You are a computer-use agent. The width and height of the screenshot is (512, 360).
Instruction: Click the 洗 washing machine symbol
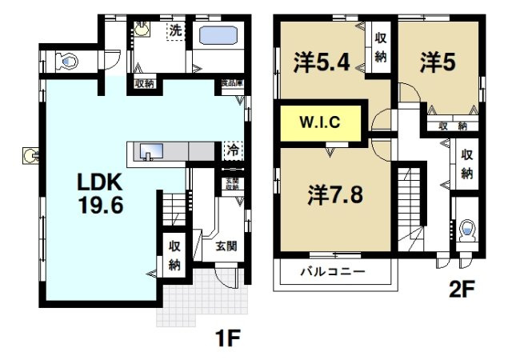[x=175, y=31]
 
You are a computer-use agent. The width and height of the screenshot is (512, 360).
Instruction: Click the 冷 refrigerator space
[x=232, y=150]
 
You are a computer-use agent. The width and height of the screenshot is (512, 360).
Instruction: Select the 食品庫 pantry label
[x=232, y=82]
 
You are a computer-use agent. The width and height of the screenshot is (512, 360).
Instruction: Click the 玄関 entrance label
[x=225, y=246]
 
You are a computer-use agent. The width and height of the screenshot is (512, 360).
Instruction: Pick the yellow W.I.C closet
[x=321, y=123]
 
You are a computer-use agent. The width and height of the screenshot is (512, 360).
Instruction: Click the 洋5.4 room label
[x=322, y=62]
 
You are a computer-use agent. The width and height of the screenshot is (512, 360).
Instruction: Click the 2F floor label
[x=462, y=286]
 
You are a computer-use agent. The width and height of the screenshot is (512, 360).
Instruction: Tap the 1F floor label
[x=227, y=338]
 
